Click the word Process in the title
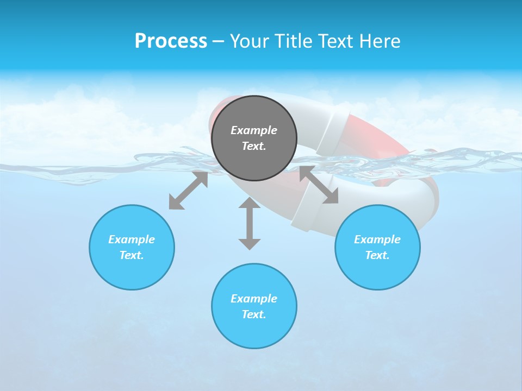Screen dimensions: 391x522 click(171, 41)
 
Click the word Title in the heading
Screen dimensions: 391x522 click(291, 41)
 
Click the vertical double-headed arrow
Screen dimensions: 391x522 click(250, 223)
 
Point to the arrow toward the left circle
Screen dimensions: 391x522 click(188, 191)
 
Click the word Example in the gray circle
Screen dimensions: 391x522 click(254, 130)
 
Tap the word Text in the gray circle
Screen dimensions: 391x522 click(254, 146)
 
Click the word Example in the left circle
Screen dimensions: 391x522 click(132, 239)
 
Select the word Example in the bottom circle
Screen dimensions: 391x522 click(254, 299)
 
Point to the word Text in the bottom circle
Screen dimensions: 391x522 click(254, 314)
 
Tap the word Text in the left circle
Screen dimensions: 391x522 click(132, 255)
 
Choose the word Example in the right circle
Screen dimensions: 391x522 click(377, 239)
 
